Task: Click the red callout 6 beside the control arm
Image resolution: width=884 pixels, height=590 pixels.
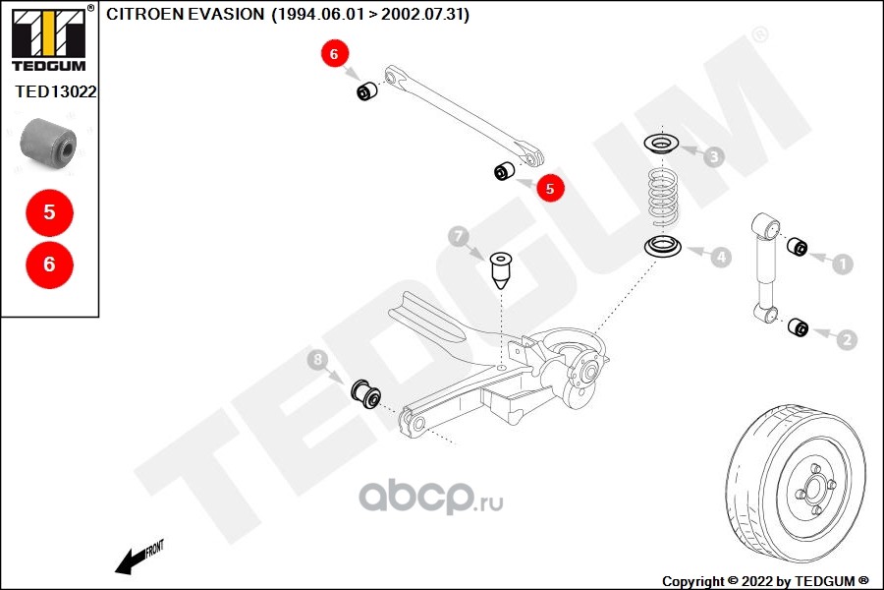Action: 334,54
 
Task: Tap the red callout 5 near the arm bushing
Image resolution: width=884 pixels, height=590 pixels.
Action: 550,188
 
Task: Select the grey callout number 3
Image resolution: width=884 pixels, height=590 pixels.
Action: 714,156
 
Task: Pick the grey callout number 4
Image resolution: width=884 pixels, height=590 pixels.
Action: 721,258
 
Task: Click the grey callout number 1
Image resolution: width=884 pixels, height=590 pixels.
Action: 843,264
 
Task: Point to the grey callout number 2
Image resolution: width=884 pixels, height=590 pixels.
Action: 847,339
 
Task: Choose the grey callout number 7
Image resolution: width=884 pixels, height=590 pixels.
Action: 459,236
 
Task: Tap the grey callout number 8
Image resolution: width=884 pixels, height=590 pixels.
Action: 318,360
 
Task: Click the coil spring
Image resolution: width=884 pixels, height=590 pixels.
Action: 663,198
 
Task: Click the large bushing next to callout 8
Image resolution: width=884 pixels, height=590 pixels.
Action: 366,393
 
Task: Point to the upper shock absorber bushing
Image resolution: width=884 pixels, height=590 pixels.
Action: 797,246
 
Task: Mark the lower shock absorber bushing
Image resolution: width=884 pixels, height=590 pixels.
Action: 798,327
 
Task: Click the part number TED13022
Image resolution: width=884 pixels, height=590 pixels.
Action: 56,91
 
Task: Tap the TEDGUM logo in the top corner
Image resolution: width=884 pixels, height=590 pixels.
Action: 49,38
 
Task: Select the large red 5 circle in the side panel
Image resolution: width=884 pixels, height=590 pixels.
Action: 50,212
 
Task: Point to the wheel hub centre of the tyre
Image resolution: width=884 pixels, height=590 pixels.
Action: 813,488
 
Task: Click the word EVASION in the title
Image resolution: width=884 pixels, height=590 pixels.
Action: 226,14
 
